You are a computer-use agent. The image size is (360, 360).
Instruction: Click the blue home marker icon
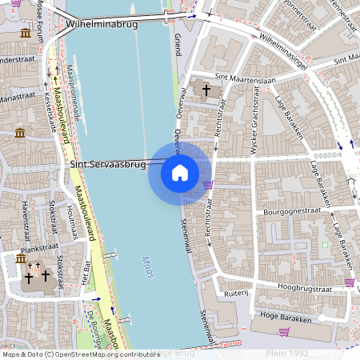pos(180,173)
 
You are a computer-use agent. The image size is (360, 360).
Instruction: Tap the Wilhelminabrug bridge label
pos(102,25)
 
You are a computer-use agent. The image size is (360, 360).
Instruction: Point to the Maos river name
pos(146,263)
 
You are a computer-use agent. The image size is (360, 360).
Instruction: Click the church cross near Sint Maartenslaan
pos(206,90)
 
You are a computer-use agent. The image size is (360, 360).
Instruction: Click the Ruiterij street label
pos(237,293)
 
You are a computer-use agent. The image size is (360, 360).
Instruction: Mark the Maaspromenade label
pos(73,92)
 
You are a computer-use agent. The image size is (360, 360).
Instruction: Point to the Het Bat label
pos(86,271)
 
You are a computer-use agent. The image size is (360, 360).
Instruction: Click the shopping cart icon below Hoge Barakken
pos(284,331)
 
